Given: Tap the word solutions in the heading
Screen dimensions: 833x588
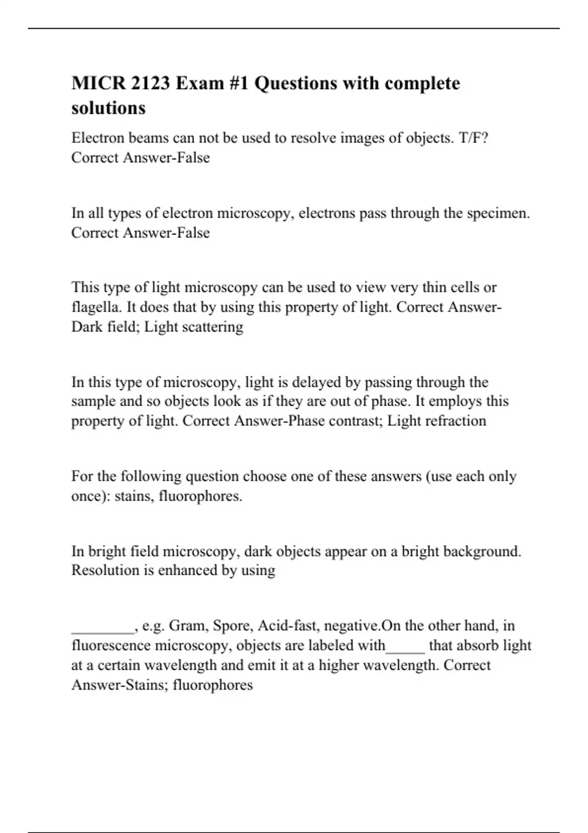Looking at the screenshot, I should pos(108,108).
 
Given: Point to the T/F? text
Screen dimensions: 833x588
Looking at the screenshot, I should pos(473,138).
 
